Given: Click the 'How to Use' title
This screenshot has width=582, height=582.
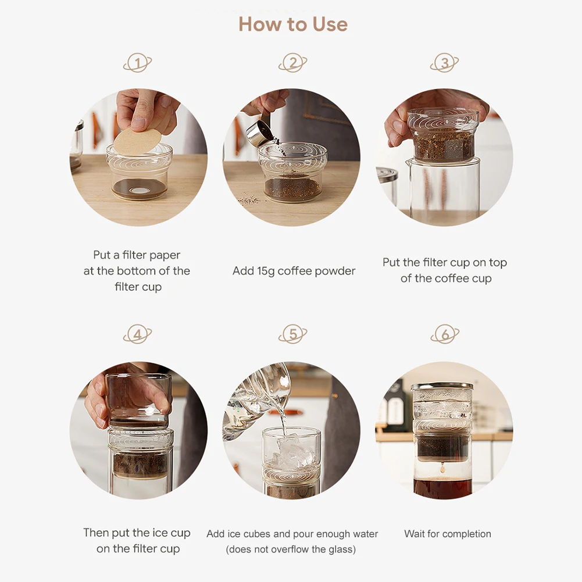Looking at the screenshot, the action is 293,24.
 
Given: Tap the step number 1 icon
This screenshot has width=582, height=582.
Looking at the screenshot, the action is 137,63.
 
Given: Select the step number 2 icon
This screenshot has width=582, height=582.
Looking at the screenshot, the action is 293,63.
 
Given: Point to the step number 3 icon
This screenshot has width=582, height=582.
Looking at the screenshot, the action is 444,63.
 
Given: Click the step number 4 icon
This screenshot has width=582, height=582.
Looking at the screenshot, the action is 137,334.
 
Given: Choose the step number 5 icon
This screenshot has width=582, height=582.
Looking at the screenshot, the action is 293,334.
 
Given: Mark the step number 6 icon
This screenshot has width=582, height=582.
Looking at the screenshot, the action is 445,334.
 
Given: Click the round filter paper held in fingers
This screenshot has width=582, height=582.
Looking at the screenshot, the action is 138,141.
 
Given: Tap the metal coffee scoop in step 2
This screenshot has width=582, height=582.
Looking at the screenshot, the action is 259,134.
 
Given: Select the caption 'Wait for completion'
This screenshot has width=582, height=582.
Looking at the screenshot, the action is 448,534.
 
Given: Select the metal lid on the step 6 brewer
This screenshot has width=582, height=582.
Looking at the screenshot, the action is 442,385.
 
